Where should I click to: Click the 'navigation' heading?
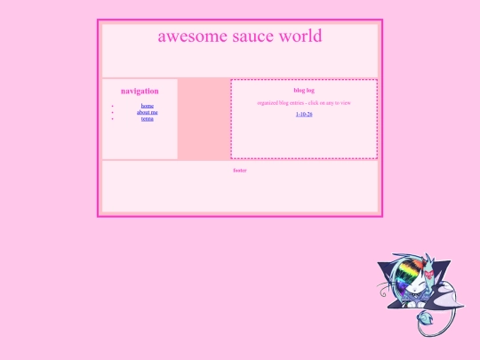point(140,91)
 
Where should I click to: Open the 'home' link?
point(147,106)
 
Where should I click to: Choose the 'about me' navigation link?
point(147,112)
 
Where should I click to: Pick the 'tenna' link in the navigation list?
point(147,118)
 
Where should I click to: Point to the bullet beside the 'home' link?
point(113,106)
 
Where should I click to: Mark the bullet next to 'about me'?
point(113,113)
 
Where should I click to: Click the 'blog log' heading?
point(303,90)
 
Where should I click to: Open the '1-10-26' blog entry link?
point(304,115)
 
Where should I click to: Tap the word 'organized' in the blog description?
point(269,103)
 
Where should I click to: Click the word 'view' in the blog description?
point(345,103)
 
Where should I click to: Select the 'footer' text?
point(239,170)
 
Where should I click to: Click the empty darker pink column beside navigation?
point(204,118)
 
